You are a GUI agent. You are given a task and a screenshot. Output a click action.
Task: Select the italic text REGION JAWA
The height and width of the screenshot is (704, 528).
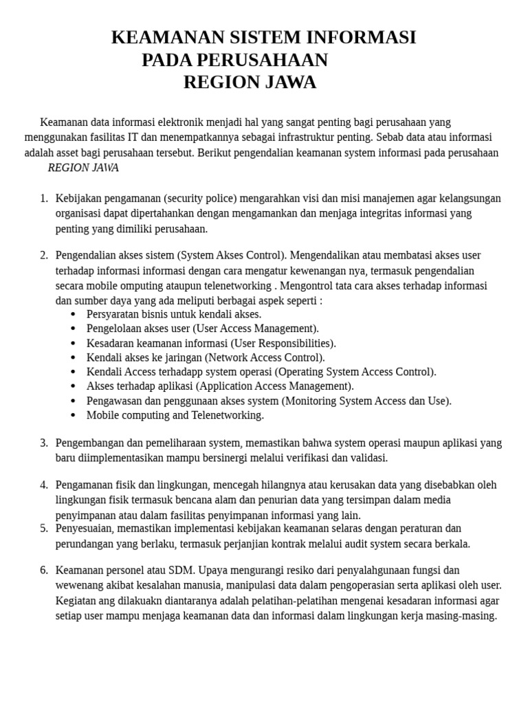[x=83, y=168]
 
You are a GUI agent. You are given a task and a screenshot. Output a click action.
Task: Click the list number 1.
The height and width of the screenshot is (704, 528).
[x=43, y=199]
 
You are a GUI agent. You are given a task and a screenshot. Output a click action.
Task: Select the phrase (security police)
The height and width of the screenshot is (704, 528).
[x=201, y=199]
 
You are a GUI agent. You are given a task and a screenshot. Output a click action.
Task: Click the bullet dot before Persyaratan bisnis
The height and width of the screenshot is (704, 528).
[x=73, y=314]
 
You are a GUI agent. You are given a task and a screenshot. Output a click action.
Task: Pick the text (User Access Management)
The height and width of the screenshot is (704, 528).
[x=256, y=329]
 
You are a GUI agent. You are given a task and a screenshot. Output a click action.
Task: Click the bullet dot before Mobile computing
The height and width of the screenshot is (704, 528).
[x=73, y=415]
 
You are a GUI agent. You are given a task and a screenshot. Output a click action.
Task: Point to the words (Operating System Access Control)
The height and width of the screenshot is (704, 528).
[x=355, y=372]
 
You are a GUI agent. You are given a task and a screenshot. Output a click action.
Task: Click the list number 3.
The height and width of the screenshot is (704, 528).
[x=43, y=443]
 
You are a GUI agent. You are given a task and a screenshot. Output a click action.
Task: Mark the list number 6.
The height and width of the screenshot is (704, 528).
[x=43, y=570]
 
